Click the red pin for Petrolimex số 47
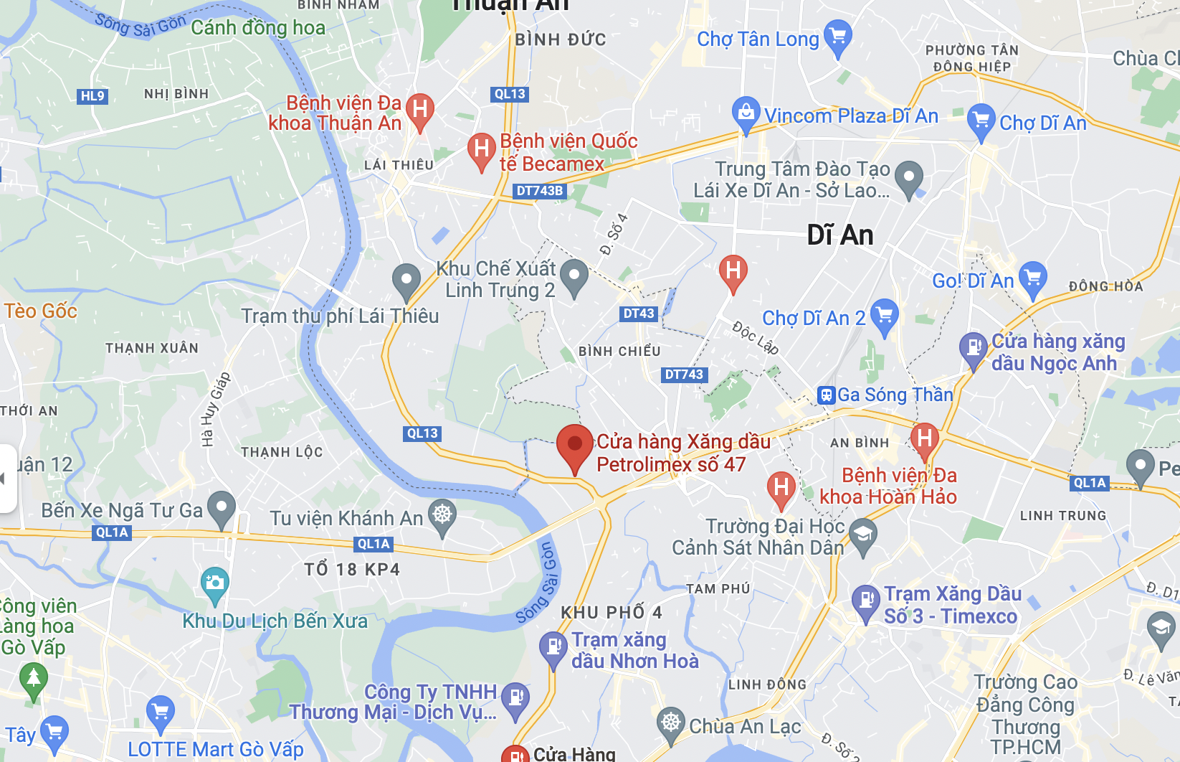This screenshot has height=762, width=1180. point(574,445)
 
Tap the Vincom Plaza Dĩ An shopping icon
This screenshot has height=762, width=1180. point(746,113)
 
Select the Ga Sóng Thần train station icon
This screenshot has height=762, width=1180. point(826,395)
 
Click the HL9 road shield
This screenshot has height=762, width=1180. point(92,95)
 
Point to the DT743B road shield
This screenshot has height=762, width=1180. point(540,191)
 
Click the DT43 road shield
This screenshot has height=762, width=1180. point(638,314)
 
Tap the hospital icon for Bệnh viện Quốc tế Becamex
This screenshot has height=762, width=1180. point(482,149)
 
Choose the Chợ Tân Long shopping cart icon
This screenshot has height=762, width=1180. point(837,36)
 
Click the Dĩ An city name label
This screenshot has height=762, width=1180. point(839,235)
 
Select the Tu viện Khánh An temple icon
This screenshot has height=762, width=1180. point(442,514)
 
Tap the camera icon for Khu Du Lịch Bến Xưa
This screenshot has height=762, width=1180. point(214,582)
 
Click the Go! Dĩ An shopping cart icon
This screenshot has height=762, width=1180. point(1032,277)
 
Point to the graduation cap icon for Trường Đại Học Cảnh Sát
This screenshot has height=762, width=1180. point(862,535)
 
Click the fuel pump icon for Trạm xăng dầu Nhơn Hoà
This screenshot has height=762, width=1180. point(553,647)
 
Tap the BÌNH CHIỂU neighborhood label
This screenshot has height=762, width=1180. point(619,351)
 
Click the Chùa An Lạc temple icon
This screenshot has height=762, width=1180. point(671,722)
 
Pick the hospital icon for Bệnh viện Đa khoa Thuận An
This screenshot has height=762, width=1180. point(420,110)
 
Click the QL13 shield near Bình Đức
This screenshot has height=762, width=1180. point(510,94)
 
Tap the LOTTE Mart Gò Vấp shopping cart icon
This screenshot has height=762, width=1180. point(160,711)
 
